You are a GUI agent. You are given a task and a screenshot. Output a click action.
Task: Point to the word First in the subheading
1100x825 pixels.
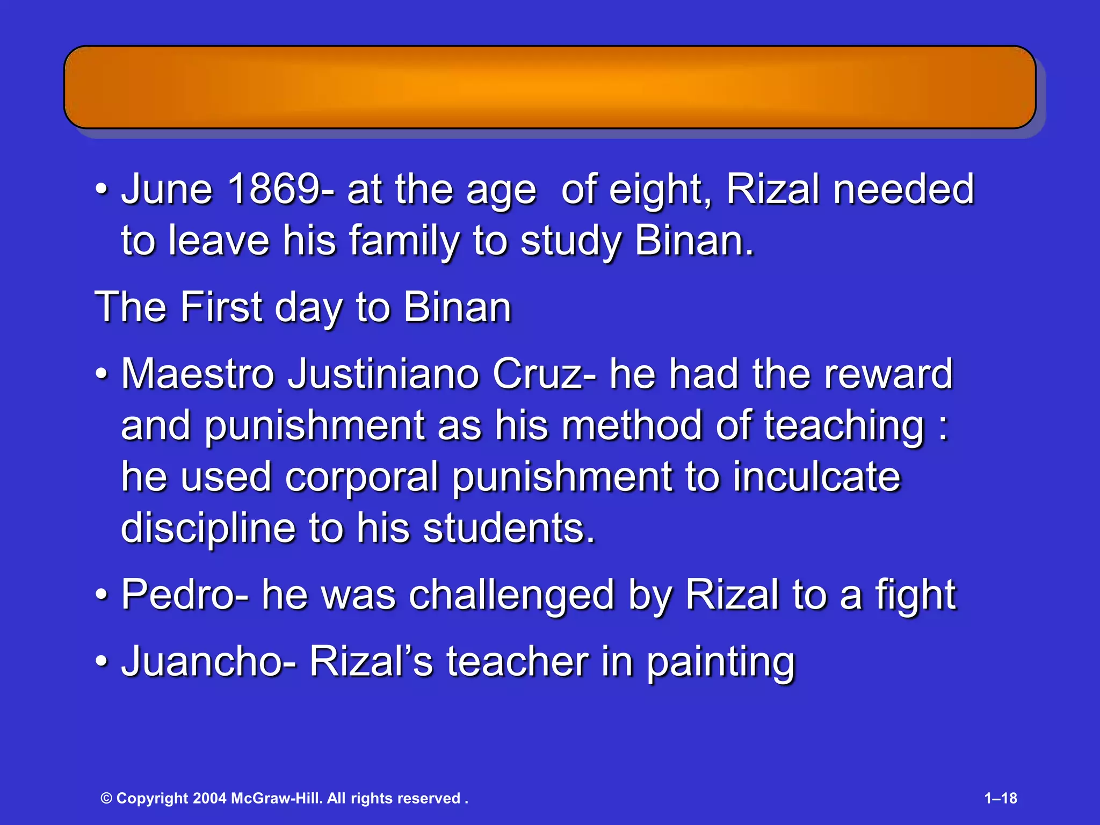221,307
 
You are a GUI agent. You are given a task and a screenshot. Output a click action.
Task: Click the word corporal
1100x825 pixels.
362,476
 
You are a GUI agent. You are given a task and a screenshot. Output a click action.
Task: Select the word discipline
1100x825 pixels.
208,528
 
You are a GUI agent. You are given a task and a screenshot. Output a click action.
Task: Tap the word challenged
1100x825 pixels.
511,595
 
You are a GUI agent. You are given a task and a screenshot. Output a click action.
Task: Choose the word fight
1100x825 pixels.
916,595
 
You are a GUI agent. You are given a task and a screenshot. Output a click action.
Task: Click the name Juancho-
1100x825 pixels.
208,661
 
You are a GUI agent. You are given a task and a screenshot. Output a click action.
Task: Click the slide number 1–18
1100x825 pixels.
1001,798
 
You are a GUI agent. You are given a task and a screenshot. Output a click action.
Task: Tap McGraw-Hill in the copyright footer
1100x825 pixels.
277,798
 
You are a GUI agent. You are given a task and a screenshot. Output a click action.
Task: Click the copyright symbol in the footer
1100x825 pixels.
106,798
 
